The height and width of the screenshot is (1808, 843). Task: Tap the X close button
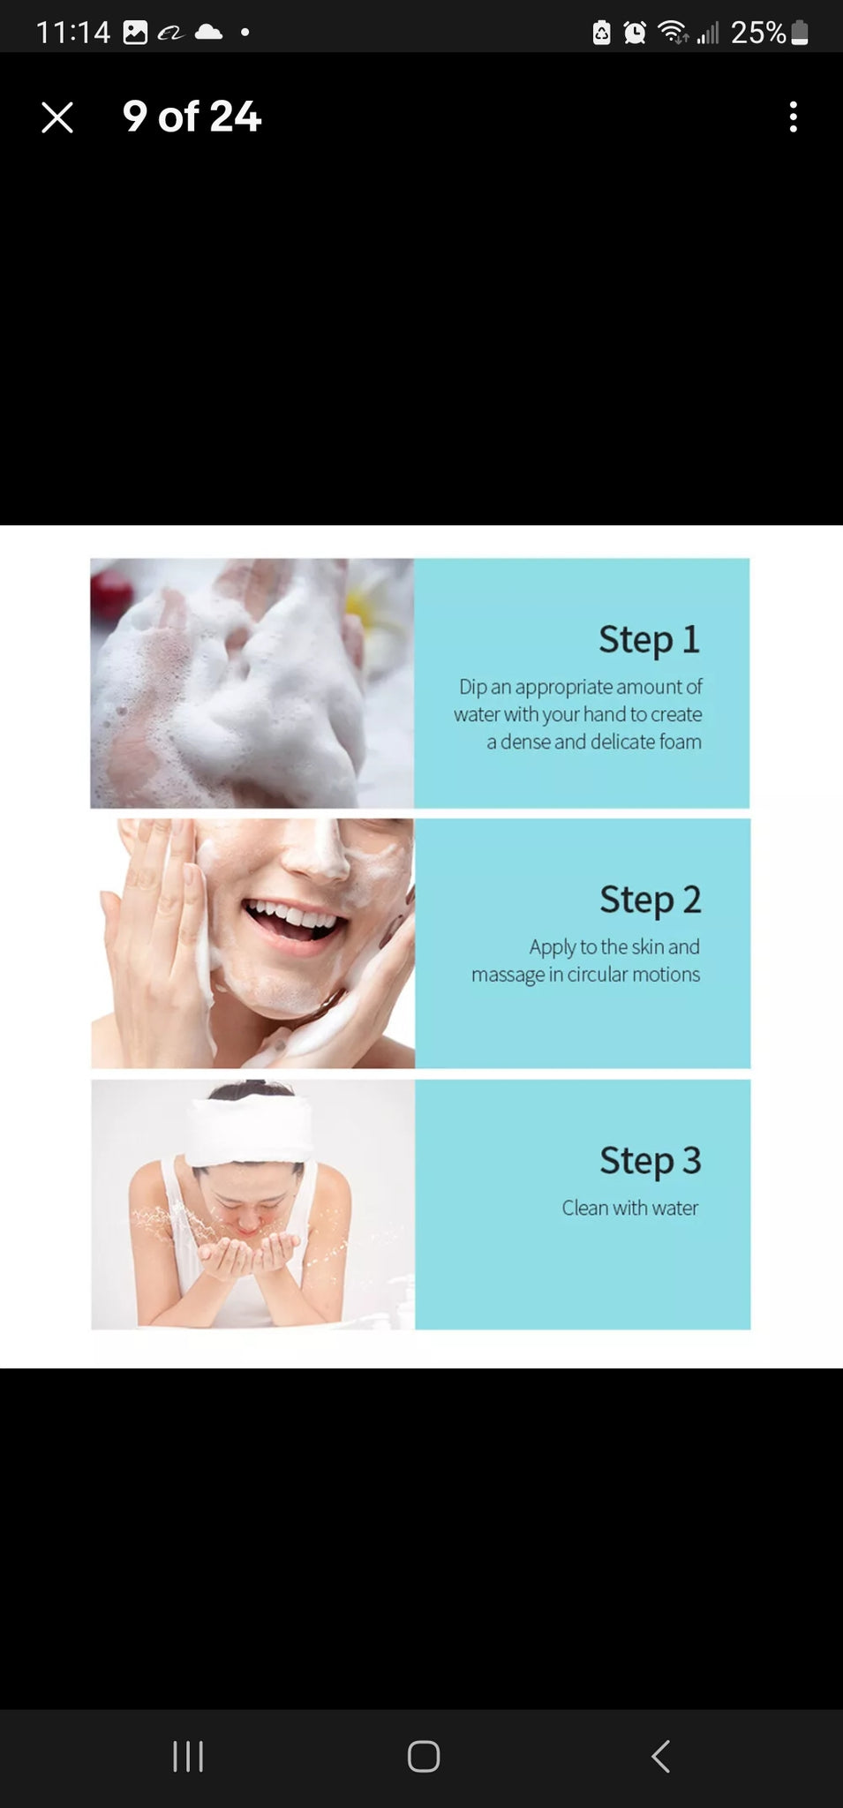coord(57,117)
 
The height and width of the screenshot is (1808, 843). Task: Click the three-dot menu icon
coord(794,117)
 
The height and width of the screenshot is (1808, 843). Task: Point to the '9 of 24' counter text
coord(192,117)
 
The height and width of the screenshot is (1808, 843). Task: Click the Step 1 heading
coord(649,639)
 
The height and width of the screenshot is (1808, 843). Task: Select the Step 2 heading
coord(651,900)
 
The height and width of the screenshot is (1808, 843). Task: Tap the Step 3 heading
coord(651,1160)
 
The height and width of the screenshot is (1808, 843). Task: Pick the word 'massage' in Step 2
coord(508,975)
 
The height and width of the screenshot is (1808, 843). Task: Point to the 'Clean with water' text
coord(630,1208)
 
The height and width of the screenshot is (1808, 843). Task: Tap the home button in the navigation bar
coord(424,1756)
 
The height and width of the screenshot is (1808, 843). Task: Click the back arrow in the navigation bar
coord(660,1756)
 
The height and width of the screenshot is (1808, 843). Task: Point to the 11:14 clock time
coord(73,33)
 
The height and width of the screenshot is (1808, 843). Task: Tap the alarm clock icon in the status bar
coord(635,33)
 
